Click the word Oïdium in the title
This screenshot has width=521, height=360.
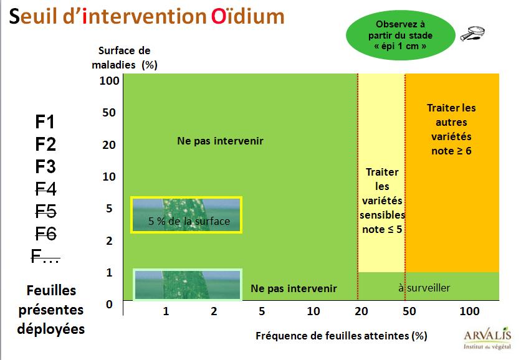tap(248, 16)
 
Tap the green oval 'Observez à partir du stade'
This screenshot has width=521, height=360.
tap(400, 35)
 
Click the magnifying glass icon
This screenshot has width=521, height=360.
tap(472, 34)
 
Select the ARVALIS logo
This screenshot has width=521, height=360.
tap(487, 338)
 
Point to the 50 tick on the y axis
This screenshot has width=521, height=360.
tap(109, 113)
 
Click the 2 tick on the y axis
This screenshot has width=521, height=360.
tap(109, 241)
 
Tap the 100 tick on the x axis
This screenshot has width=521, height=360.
tap(469, 311)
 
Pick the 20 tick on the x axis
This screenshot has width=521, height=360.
tap(361, 311)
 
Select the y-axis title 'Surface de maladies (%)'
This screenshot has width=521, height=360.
tap(125, 57)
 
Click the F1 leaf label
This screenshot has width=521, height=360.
tap(45, 121)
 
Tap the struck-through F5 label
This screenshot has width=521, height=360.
tap(46, 211)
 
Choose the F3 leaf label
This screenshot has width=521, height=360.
tap(45, 166)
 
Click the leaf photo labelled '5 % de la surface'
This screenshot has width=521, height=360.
tap(186, 215)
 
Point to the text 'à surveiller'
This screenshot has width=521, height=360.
tap(424, 288)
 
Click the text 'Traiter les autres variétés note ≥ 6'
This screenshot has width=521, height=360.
tap(451, 129)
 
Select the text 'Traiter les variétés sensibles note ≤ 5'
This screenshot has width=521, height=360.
tap(382, 201)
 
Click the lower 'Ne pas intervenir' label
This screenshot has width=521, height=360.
tap(294, 288)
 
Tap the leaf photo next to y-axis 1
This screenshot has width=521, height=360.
tap(188, 285)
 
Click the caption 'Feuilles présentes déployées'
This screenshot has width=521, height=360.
tap(51, 310)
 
